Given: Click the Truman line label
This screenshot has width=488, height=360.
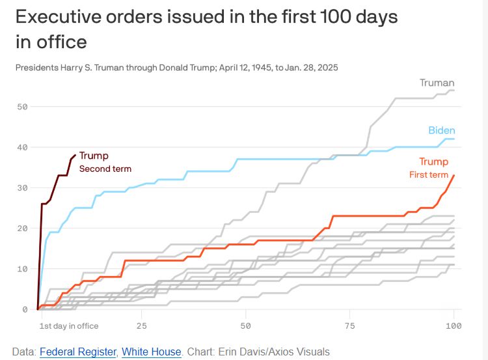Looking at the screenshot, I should point(437,83).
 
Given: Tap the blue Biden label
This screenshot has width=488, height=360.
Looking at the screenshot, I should point(441,130).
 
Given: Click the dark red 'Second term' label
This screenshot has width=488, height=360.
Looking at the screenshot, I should point(105,169).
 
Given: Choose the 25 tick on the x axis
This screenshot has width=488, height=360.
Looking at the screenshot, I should point(141,325).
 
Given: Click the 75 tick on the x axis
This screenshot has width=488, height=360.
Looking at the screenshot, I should point(349,325).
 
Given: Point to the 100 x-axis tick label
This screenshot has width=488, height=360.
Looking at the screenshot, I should point(453,325).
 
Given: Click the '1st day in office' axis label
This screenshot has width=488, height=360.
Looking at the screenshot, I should point(68,325).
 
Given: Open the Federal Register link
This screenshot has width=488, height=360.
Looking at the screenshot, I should point(78,352).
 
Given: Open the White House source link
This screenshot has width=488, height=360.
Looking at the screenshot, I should point(151,352).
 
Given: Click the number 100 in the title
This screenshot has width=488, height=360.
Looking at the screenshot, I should point(338,17).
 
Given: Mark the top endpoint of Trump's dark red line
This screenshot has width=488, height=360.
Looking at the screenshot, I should point(75,155).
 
